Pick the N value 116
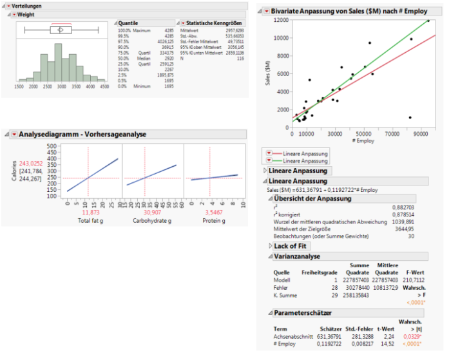240,58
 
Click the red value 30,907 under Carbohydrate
153,212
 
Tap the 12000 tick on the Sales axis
279,20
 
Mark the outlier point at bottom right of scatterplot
410,118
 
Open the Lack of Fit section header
291,246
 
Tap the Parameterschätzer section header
302,313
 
